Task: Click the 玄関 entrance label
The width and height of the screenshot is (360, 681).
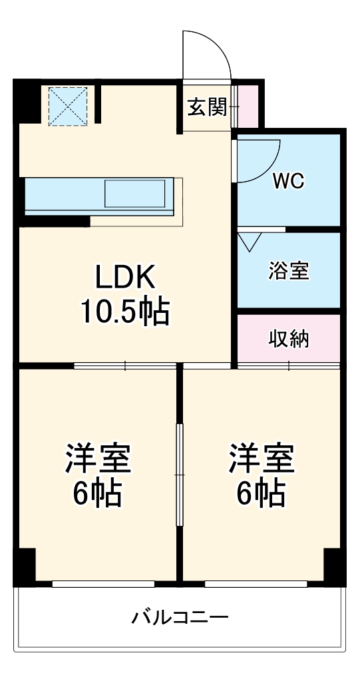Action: coord(207,107)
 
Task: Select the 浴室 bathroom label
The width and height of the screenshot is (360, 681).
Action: coord(289,270)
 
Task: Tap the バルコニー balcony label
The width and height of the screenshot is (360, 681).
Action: coord(180,617)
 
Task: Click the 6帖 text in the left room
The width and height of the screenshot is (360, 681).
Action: coord(97,493)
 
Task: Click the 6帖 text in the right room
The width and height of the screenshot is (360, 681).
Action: coord(262,493)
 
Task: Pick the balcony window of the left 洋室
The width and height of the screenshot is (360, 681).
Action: coord(103,584)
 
